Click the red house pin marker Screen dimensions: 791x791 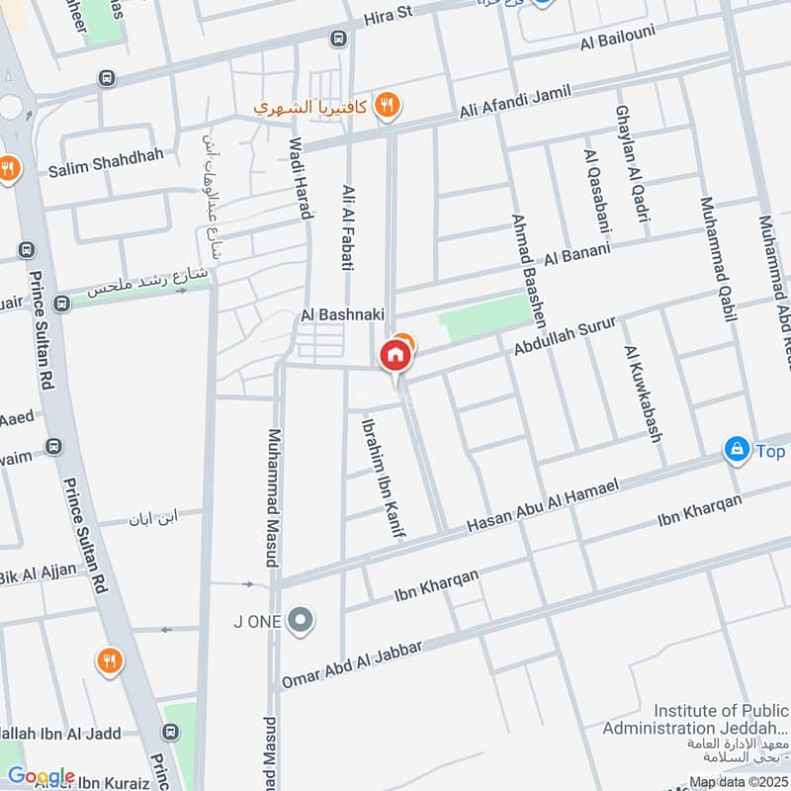point(395,355)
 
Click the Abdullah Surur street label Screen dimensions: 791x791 point(565,336)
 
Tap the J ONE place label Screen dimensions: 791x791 point(257,621)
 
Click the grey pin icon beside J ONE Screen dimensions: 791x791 point(304,621)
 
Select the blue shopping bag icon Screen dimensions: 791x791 point(736,450)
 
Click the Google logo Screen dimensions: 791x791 point(41,776)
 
